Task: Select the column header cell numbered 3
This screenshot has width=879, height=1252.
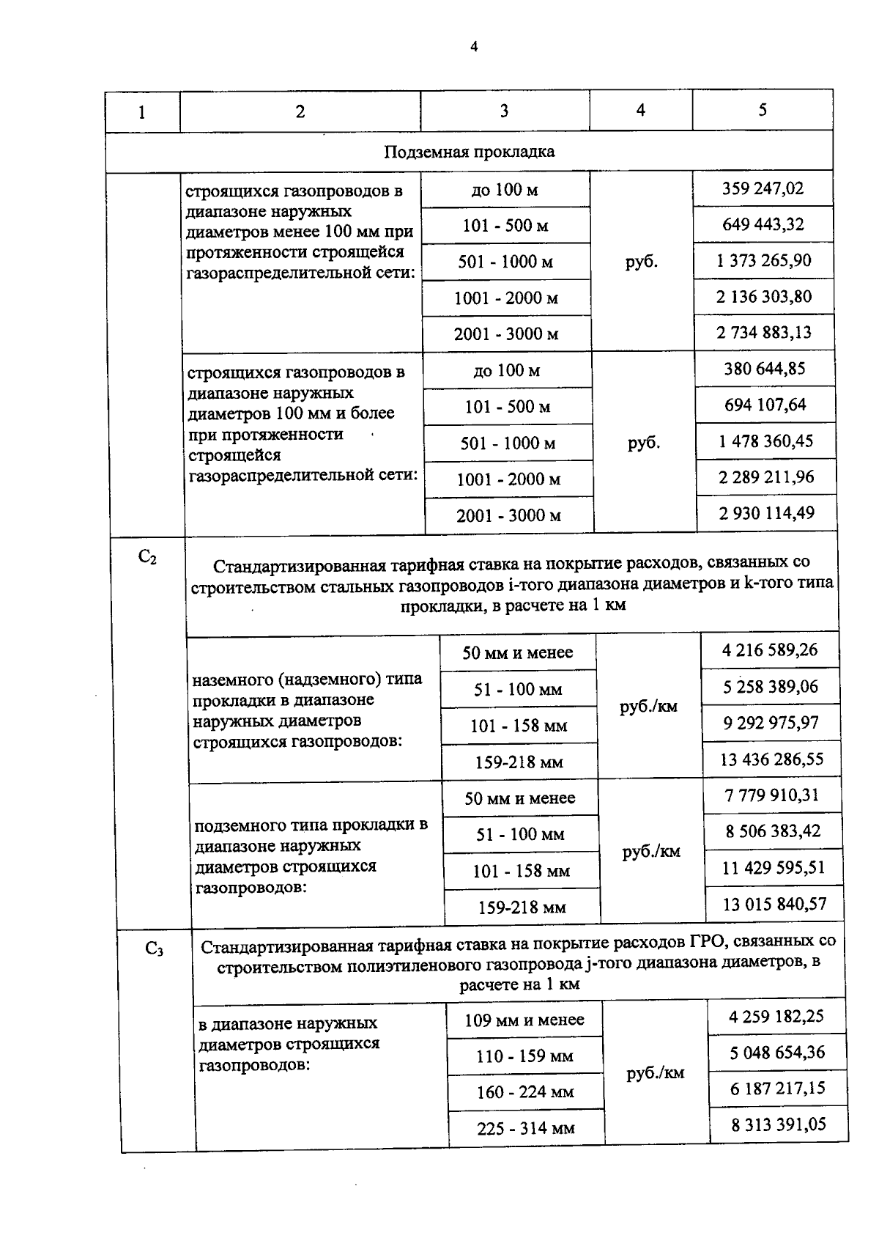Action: (x=504, y=111)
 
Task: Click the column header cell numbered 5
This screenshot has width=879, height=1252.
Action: (x=763, y=110)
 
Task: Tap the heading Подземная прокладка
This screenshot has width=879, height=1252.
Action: (x=469, y=152)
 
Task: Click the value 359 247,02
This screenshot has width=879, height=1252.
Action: (x=763, y=188)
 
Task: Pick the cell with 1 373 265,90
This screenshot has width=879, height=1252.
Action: (x=763, y=260)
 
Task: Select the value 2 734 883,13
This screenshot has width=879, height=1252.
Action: (x=764, y=332)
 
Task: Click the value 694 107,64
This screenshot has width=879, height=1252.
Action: (x=765, y=405)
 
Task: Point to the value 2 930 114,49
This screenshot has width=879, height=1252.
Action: (x=766, y=513)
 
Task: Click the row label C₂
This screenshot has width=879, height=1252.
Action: (x=147, y=558)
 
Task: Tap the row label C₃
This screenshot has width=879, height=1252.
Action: (x=154, y=949)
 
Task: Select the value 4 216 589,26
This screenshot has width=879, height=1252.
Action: (x=770, y=650)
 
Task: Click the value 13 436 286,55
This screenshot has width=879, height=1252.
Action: (x=771, y=759)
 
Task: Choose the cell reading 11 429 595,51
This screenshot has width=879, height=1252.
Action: (x=773, y=868)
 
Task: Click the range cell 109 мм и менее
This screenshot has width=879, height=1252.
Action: (x=524, y=1020)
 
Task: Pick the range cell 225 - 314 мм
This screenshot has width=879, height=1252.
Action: (x=525, y=1128)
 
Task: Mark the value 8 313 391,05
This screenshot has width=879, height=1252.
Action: (x=778, y=1124)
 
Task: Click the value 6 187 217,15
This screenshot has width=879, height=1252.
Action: (x=777, y=1089)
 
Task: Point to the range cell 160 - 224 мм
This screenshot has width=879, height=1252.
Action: (x=525, y=1092)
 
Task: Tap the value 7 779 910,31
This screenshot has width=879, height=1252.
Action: (x=772, y=795)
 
